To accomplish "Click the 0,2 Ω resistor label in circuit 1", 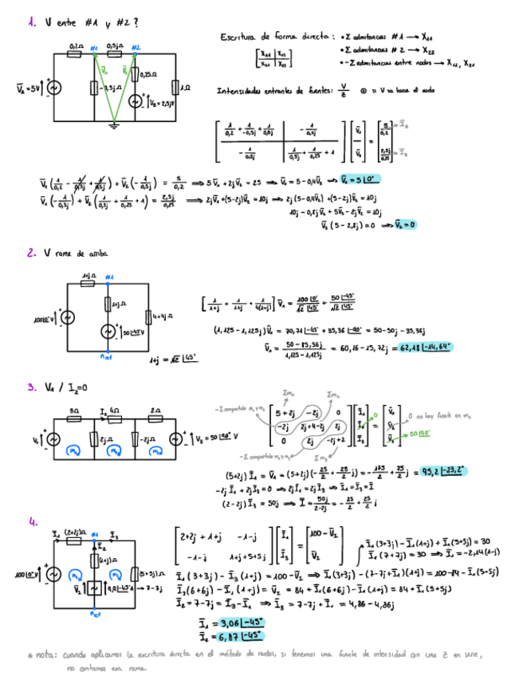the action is coord(76,48).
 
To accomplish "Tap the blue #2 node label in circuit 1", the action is coord(136,48).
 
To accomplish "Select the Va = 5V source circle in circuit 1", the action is coord(54,88).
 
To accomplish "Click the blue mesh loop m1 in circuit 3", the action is coord(73,450).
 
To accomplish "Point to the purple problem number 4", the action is coord(33,522).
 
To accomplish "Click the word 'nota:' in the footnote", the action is coord(45,654).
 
